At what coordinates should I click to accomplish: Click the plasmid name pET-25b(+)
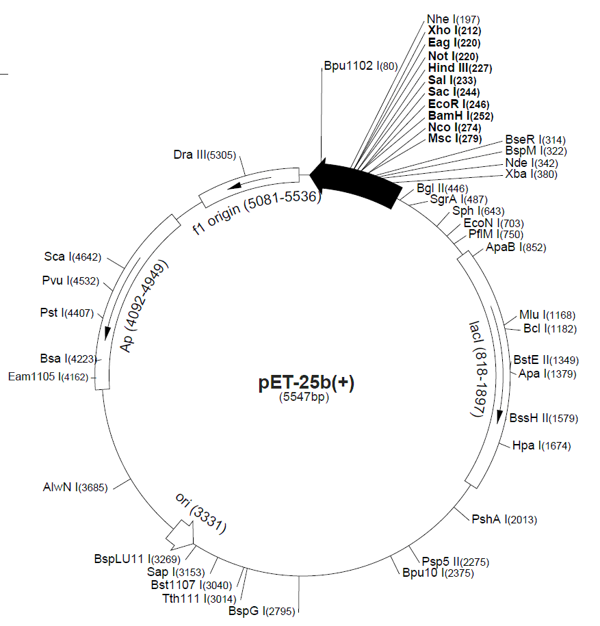(306, 382)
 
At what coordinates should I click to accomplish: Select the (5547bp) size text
(304, 397)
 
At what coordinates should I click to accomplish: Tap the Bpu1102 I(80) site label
(361, 66)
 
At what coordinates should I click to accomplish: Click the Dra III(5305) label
(205, 155)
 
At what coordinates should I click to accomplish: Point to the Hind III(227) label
(460, 68)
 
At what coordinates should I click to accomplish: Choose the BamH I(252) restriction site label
(460, 116)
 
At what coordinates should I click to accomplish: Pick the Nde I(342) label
(532, 163)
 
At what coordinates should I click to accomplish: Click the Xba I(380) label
(531, 174)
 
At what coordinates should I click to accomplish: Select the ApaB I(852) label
(516, 248)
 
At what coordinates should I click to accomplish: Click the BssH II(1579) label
(544, 418)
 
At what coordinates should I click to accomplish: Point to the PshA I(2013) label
(504, 519)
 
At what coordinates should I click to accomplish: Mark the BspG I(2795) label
(261, 611)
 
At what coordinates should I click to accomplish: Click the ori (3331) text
(201, 512)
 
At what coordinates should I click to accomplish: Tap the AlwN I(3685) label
(75, 487)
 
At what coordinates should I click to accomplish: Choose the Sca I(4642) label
(73, 257)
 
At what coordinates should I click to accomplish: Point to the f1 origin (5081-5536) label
(257, 212)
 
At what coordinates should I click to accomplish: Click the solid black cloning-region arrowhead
(319, 174)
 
